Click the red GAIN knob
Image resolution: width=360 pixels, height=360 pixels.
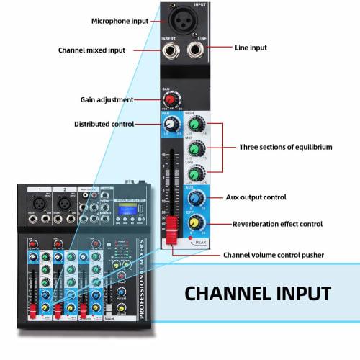[171, 99]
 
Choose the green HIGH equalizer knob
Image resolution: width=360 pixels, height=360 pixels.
[194, 125]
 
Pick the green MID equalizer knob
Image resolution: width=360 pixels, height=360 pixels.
[194, 149]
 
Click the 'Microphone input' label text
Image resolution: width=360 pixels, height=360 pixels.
[119, 21]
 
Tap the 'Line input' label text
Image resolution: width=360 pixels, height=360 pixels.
[251, 48]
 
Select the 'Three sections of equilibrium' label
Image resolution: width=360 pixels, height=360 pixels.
[286, 147]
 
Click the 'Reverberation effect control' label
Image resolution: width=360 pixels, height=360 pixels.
[277, 225]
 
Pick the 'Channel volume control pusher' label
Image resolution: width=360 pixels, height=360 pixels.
[274, 255]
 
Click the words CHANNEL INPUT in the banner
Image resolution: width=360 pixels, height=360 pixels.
[258, 293]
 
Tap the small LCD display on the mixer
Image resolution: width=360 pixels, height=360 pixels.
[120, 212]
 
